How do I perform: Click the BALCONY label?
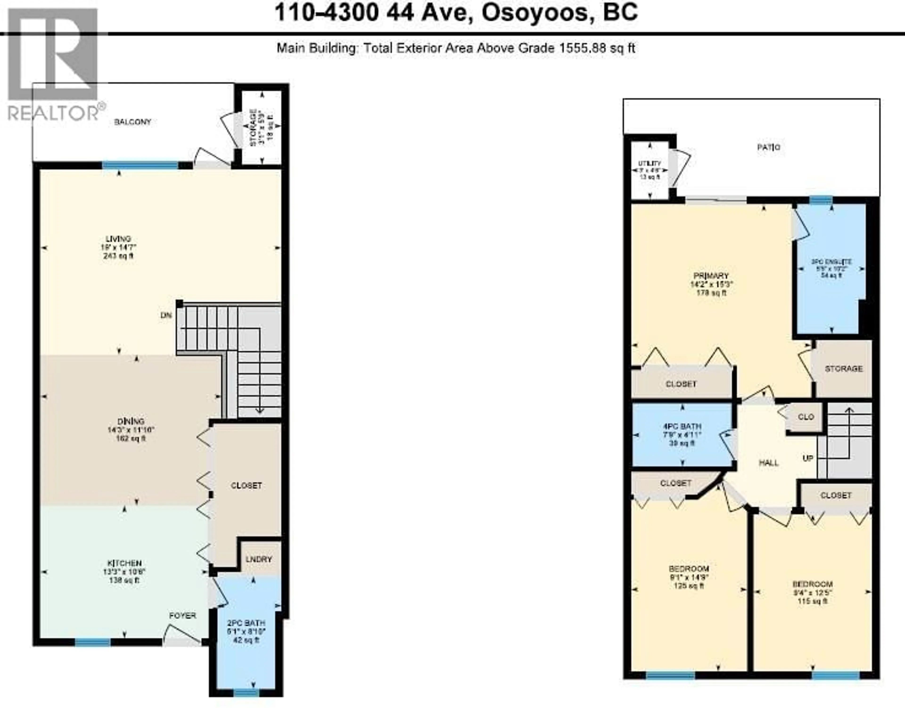pyautogui.click(x=133, y=122)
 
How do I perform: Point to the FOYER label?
pyautogui.click(x=182, y=616)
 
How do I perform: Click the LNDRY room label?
pyautogui.click(x=258, y=559)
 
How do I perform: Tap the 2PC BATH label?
pyautogui.click(x=246, y=623)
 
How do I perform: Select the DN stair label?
pyautogui.click(x=166, y=315)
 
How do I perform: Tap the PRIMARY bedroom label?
pyautogui.click(x=711, y=276)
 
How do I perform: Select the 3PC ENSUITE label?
pyautogui.click(x=831, y=262)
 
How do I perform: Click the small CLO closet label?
pyautogui.click(x=806, y=417)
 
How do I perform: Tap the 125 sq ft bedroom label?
pyautogui.click(x=689, y=568)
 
